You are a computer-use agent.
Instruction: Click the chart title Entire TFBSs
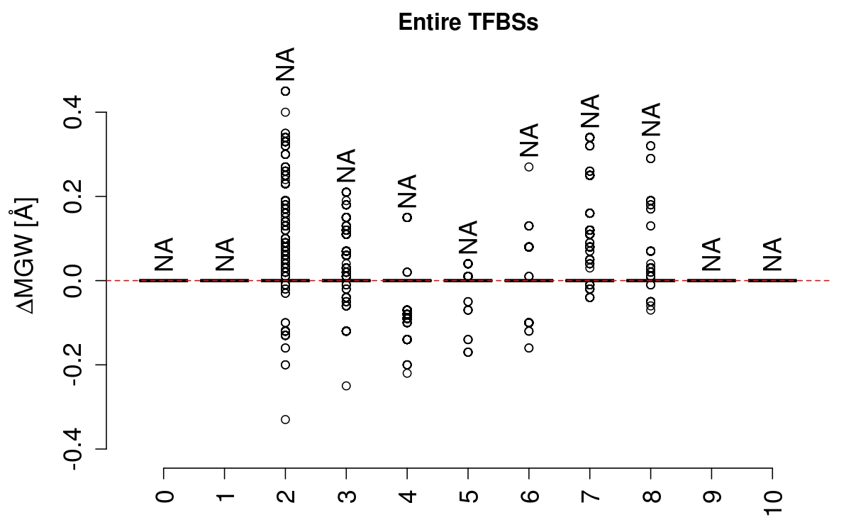pos(468,22)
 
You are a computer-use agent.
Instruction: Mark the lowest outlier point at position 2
pos(285,419)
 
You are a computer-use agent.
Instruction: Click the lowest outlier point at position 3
pos(346,386)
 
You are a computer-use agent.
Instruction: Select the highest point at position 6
pos(529,167)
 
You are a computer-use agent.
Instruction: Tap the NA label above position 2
pos(285,65)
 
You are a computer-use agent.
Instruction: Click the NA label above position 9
pos(711,254)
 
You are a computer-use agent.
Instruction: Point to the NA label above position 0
pos(164,254)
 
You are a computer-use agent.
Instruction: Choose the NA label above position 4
pos(407,192)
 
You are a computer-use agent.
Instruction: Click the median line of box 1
pos(225,280)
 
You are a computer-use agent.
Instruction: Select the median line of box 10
pos(772,280)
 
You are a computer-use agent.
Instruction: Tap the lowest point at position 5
pos(468,352)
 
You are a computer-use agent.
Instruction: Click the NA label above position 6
pos(529,140)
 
